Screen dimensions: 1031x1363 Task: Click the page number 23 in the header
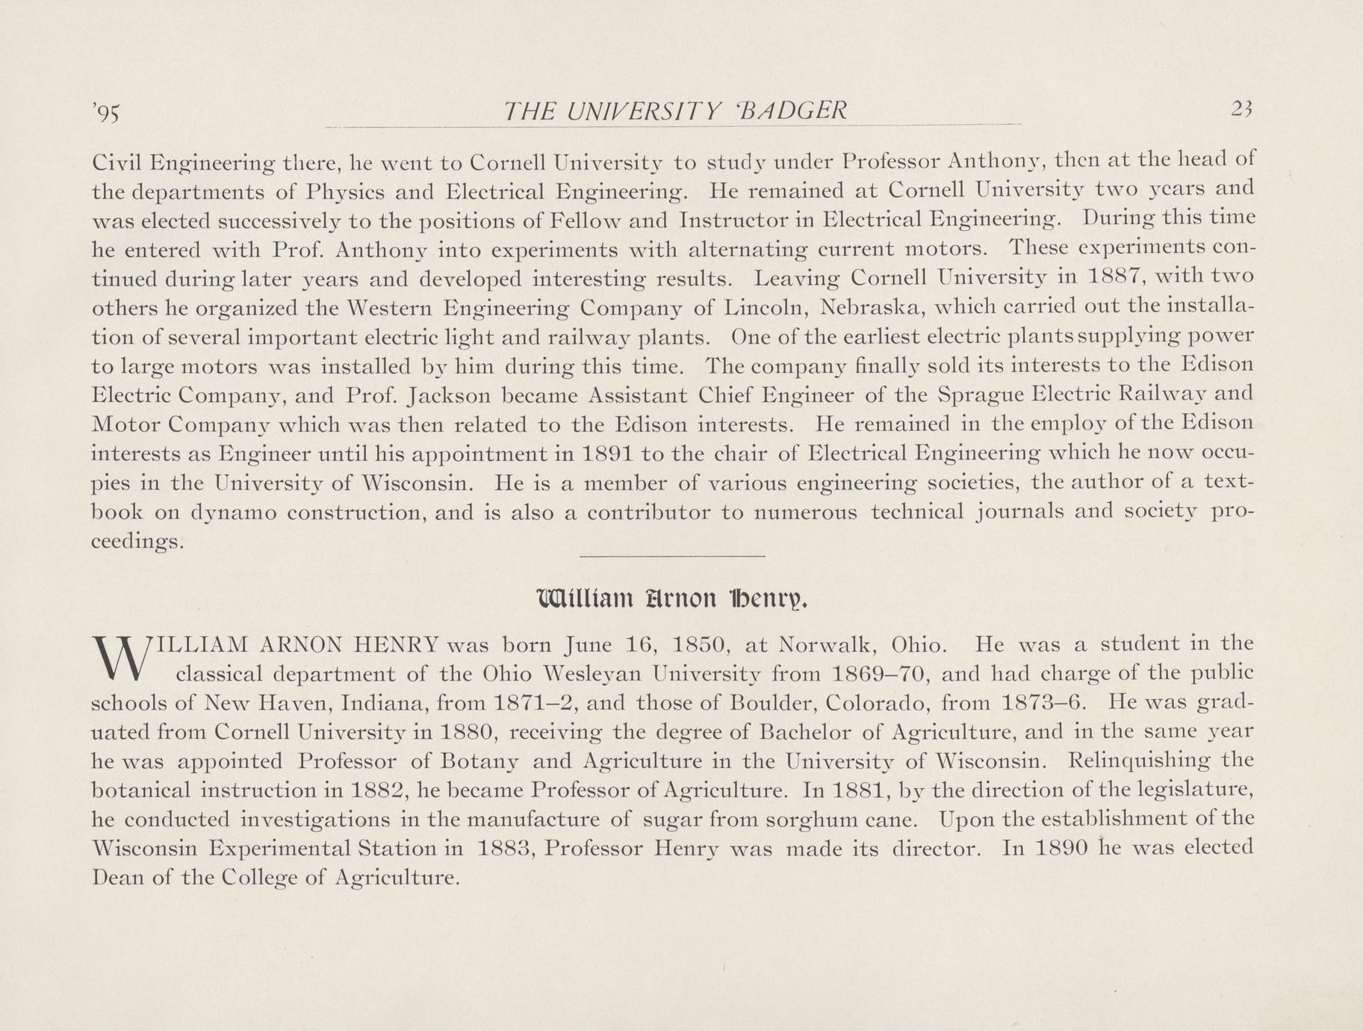point(1241,111)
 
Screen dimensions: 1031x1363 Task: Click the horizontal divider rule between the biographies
point(672,556)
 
